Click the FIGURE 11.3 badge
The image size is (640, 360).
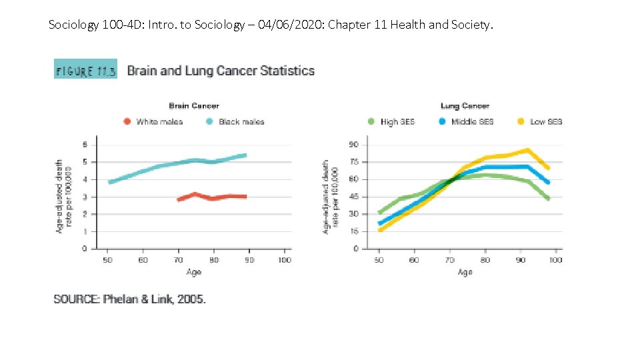(85, 69)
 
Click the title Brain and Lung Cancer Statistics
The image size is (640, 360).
(221, 70)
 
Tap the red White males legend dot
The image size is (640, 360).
(127, 121)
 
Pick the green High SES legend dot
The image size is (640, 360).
(371, 121)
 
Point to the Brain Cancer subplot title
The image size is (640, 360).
(193, 105)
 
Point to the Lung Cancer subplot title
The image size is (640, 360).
(465, 105)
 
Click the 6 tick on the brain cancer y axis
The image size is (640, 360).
(85, 144)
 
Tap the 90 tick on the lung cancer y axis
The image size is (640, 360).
(353, 144)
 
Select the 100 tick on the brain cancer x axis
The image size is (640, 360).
(284, 260)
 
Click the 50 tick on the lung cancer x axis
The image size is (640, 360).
(379, 260)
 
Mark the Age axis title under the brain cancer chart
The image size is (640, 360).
(193, 272)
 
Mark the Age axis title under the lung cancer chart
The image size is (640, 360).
(465, 272)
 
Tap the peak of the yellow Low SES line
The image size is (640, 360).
(527, 151)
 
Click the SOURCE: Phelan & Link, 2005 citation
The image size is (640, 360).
(129, 299)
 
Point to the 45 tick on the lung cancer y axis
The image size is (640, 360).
(353, 196)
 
